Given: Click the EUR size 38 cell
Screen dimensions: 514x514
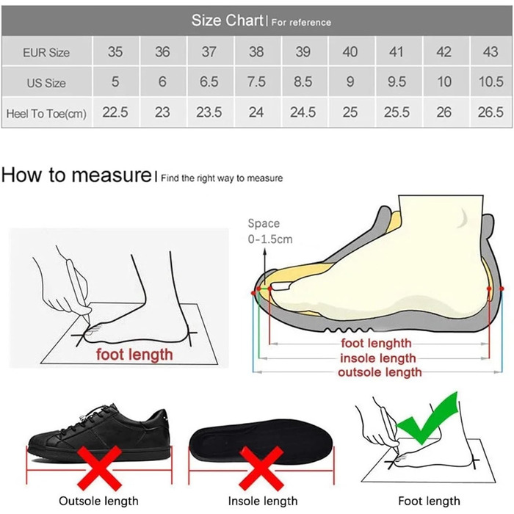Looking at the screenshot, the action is [256, 51].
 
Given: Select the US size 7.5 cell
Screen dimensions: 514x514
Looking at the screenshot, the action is [256, 82].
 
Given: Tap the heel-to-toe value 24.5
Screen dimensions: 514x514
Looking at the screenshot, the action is [303, 112].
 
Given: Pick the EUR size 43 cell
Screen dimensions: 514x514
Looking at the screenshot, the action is [491, 51].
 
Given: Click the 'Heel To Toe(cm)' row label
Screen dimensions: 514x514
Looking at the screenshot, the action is [46, 113].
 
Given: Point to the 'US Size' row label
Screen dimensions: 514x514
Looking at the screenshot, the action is [46, 83].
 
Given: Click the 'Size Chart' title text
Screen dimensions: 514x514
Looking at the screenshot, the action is [228, 21].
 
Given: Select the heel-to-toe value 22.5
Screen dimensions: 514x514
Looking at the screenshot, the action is [115, 112].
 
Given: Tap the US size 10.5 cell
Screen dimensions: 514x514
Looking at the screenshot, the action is [491, 82].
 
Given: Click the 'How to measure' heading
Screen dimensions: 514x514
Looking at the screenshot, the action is [76, 175].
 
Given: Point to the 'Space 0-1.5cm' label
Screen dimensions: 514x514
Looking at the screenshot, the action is [270, 231].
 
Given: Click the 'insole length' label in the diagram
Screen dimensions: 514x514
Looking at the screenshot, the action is [378, 358].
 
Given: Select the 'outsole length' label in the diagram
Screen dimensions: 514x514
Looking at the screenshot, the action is [380, 372].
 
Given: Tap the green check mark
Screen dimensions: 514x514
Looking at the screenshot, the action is [427, 416].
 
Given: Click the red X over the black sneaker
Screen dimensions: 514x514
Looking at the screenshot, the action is [99, 468].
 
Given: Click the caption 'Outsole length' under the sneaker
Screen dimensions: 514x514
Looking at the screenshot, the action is [98, 501].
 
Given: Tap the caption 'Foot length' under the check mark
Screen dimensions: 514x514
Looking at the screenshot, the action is [429, 501].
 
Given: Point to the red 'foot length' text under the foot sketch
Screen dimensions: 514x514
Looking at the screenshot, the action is [134, 355].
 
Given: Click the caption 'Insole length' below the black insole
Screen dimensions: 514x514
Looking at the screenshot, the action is [263, 501].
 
